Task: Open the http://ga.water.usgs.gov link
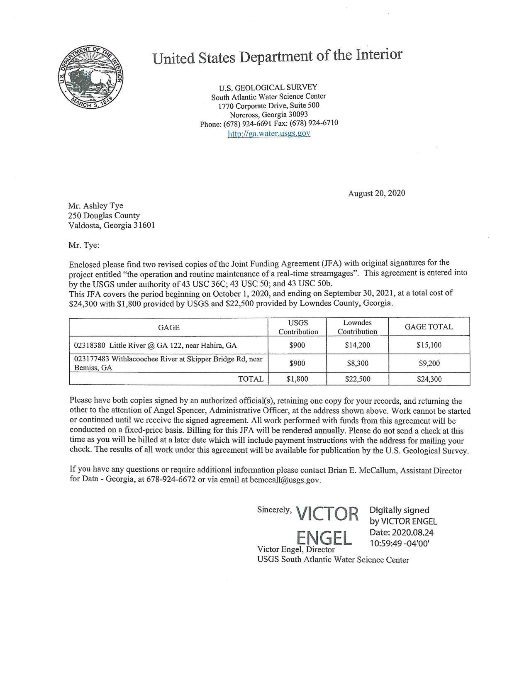(269, 133)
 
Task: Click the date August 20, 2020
(376, 193)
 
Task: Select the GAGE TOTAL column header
(429, 327)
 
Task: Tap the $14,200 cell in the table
(357, 345)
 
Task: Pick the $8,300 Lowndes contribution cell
(357, 363)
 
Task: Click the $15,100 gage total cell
(429, 345)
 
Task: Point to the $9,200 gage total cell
(429, 363)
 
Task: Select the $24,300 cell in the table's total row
(429, 379)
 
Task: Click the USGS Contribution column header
(298, 327)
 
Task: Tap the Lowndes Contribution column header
(357, 327)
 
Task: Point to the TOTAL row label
(250, 379)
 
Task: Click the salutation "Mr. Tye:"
(84, 245)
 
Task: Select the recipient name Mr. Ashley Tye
(95, 206)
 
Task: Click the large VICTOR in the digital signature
(327, 514)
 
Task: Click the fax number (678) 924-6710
(314, 123)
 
